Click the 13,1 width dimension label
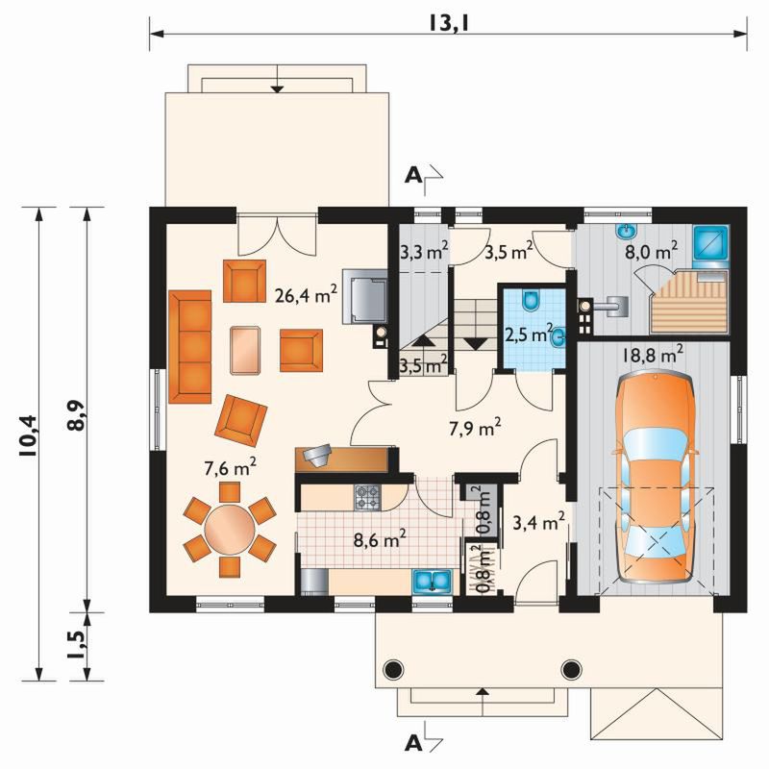[x=449, y=22]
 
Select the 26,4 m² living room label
[x=306, y=295]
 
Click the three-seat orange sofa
[x=190, y=347]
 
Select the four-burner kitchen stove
[x=367, y=497]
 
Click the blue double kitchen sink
[x=432, y=582]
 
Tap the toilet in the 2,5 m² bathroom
[x=531, y=301]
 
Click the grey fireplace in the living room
[x=365, y=296]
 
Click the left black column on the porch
[x=393, y=668]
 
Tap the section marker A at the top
[x=413, y=176]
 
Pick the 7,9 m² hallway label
[x=475, y=428]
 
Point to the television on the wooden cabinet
[x=318, y=455]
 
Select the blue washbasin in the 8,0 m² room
[x=625, y=231]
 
